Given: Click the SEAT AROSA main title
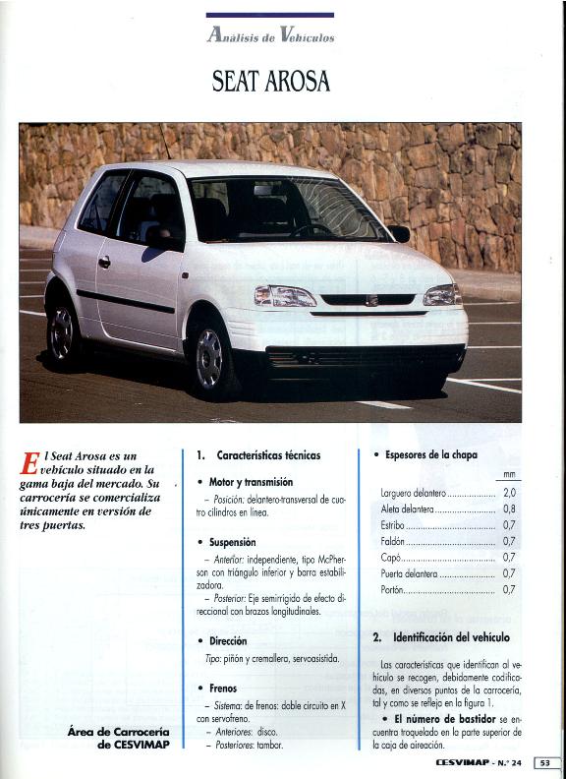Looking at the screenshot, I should (x=270, y=81).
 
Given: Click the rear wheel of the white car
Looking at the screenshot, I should (x=62, y=332).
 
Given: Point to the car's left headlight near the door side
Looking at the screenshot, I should (x=285, y=295).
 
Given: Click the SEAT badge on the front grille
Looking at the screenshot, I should (x=370, y=300).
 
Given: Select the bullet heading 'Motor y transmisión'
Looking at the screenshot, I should (x=251, y=482).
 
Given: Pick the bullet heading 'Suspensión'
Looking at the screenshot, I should (x=232, y=542).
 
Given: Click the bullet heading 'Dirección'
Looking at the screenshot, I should (x=229, y=640).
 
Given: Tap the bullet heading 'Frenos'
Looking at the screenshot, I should (x=223, y=689).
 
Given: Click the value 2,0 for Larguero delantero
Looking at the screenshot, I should (x=509, y=492).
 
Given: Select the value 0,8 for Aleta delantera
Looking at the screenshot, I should (x=509, y=509).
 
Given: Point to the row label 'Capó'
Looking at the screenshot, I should (x=390, y=557).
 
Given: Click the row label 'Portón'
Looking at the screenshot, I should (x=393, y=589).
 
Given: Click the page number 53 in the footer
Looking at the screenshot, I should (x=546, y=762).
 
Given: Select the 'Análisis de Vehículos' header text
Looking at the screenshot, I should (x=270, y=36).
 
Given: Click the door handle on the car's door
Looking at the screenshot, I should (x=104, y=262).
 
